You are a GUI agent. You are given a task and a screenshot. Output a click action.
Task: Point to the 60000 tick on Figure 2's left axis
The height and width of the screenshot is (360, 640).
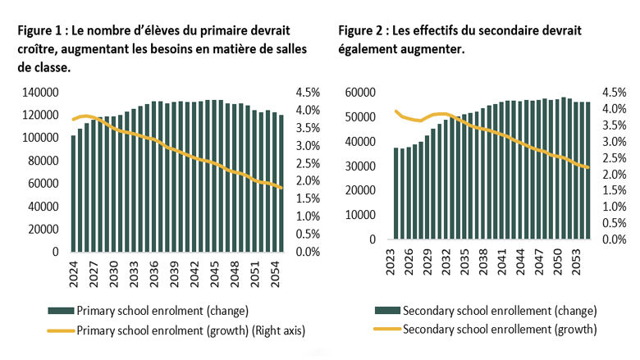360,93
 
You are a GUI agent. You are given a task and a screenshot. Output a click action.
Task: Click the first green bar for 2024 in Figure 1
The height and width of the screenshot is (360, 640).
73,194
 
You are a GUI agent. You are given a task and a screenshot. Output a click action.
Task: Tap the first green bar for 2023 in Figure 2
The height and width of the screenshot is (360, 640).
396,194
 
